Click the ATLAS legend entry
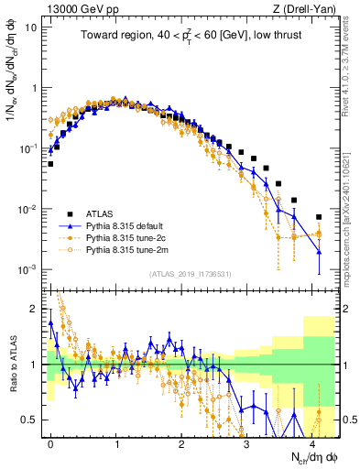pos(101,211)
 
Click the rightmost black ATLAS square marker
pos(319,217)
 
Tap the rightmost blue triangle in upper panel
pos(319,252)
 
